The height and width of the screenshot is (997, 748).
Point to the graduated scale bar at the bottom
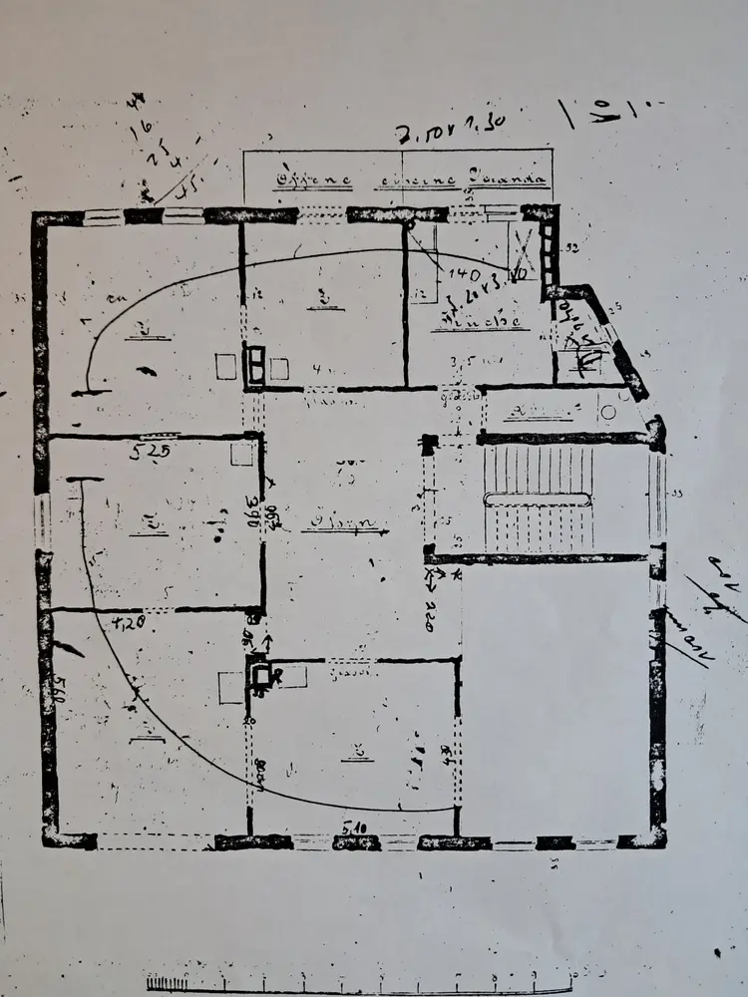359,982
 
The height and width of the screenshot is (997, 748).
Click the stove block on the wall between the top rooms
255,366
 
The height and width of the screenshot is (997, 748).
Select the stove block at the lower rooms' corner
264,679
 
